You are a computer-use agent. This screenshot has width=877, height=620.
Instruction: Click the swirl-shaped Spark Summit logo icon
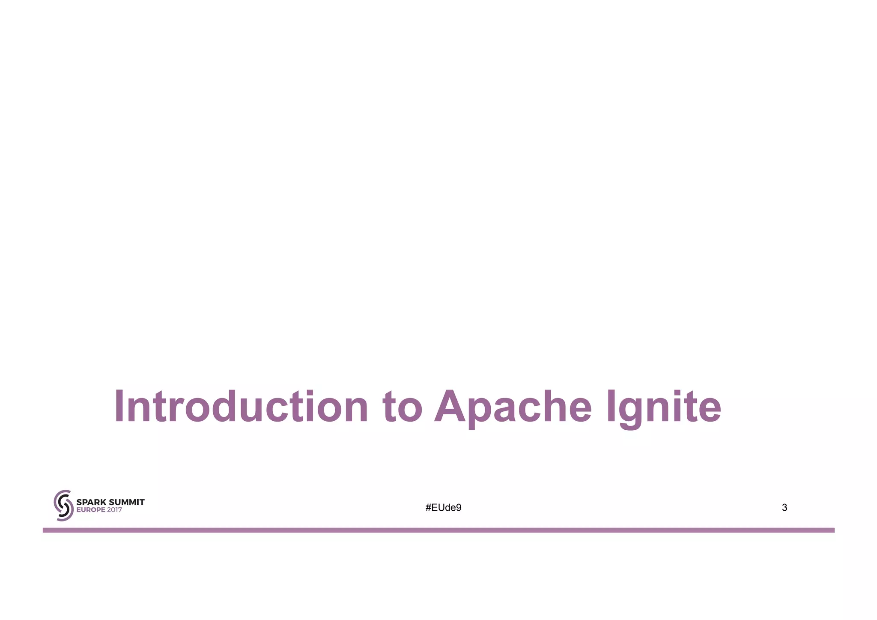click(63, 506)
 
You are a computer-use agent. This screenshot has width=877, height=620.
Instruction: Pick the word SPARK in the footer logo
click(90, 502)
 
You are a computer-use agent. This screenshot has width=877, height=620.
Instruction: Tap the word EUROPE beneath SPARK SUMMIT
click(91, 510)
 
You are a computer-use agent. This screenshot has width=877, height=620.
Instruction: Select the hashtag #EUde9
click(443, 508)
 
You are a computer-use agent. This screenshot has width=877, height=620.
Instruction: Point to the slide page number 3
click(785, 508)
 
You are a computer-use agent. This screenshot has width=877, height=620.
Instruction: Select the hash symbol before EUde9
click(428, 508)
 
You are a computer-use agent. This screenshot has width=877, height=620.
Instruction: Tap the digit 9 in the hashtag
click(459, 508)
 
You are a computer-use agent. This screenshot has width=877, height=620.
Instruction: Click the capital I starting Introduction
click(119, 406)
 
